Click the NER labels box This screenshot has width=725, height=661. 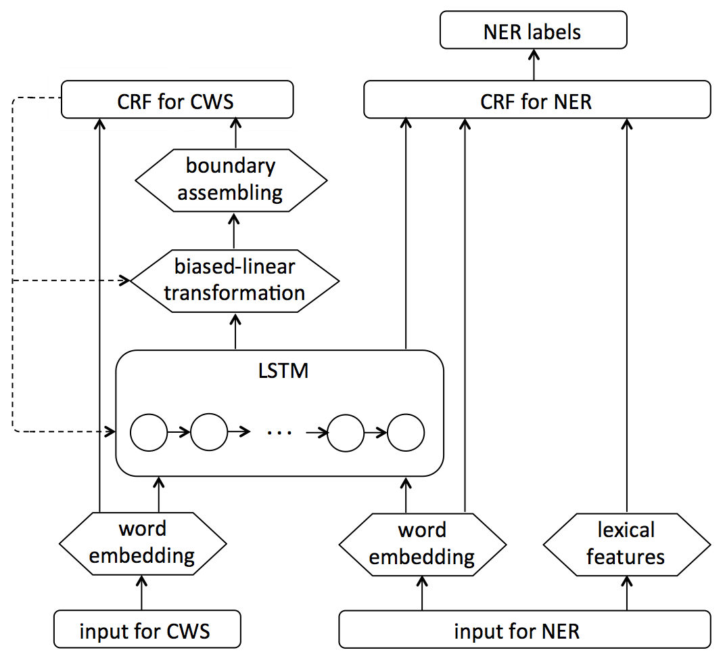click(x=533, y=32)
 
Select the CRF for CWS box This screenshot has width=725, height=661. click(x=177, y=101)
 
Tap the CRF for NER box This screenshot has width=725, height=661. click(x=537, y=101)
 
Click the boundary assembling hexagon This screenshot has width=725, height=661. click(x=231, y=179)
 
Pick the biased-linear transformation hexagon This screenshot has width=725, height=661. click(x=234, y=280)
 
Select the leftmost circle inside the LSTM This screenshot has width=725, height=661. click(x=148, y=431)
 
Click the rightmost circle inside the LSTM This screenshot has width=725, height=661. click(x=406, y=431)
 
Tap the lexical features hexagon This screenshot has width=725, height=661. click(x=626, y=544)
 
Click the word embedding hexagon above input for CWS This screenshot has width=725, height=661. click(x=142, y=544)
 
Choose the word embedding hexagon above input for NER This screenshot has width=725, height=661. click(x=422, y=544)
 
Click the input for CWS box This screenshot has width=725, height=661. click(x=146, y=631)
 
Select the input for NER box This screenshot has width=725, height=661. click(x=524, y=631)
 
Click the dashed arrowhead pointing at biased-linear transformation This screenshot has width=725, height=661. click(x=124, y=280)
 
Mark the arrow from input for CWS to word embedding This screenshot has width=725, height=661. click(x=142, y=593)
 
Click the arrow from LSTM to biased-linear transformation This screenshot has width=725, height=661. click(x=235, y=332)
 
